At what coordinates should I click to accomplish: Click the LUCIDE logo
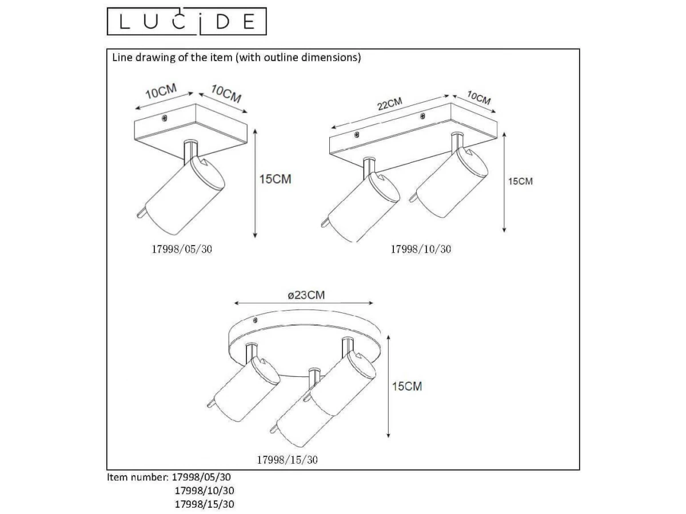coord(186,21)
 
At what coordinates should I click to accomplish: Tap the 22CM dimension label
coord(390,103)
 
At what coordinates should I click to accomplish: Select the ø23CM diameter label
coord(306,295)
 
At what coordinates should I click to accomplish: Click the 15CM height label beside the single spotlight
coord(276,179)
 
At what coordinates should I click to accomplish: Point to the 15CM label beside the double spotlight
coord(520,181)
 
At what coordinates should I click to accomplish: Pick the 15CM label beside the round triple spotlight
coord(407,387)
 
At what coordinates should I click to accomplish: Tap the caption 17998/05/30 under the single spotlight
coord(182,249)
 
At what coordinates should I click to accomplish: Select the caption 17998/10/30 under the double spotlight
coord(421,249)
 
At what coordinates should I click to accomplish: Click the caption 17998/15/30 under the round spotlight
coord(287,460)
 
